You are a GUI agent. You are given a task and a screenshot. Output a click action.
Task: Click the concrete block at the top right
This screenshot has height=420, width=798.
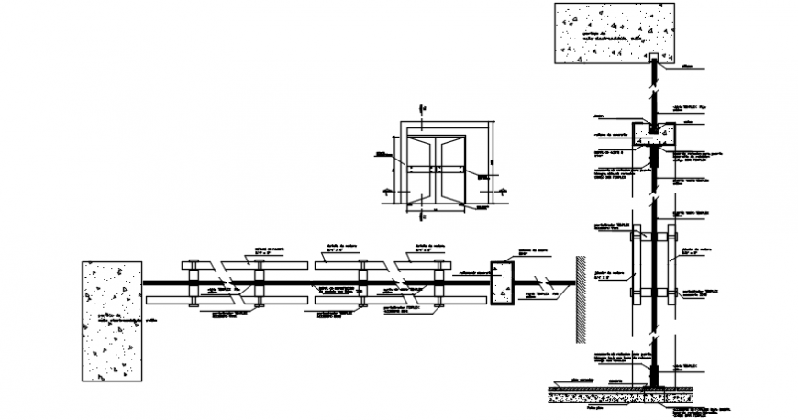point(611,33)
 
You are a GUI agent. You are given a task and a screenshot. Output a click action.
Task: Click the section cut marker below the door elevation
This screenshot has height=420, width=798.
point(422,214)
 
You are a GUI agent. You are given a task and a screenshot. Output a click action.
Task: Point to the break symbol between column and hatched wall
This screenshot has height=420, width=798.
point(544,282)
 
